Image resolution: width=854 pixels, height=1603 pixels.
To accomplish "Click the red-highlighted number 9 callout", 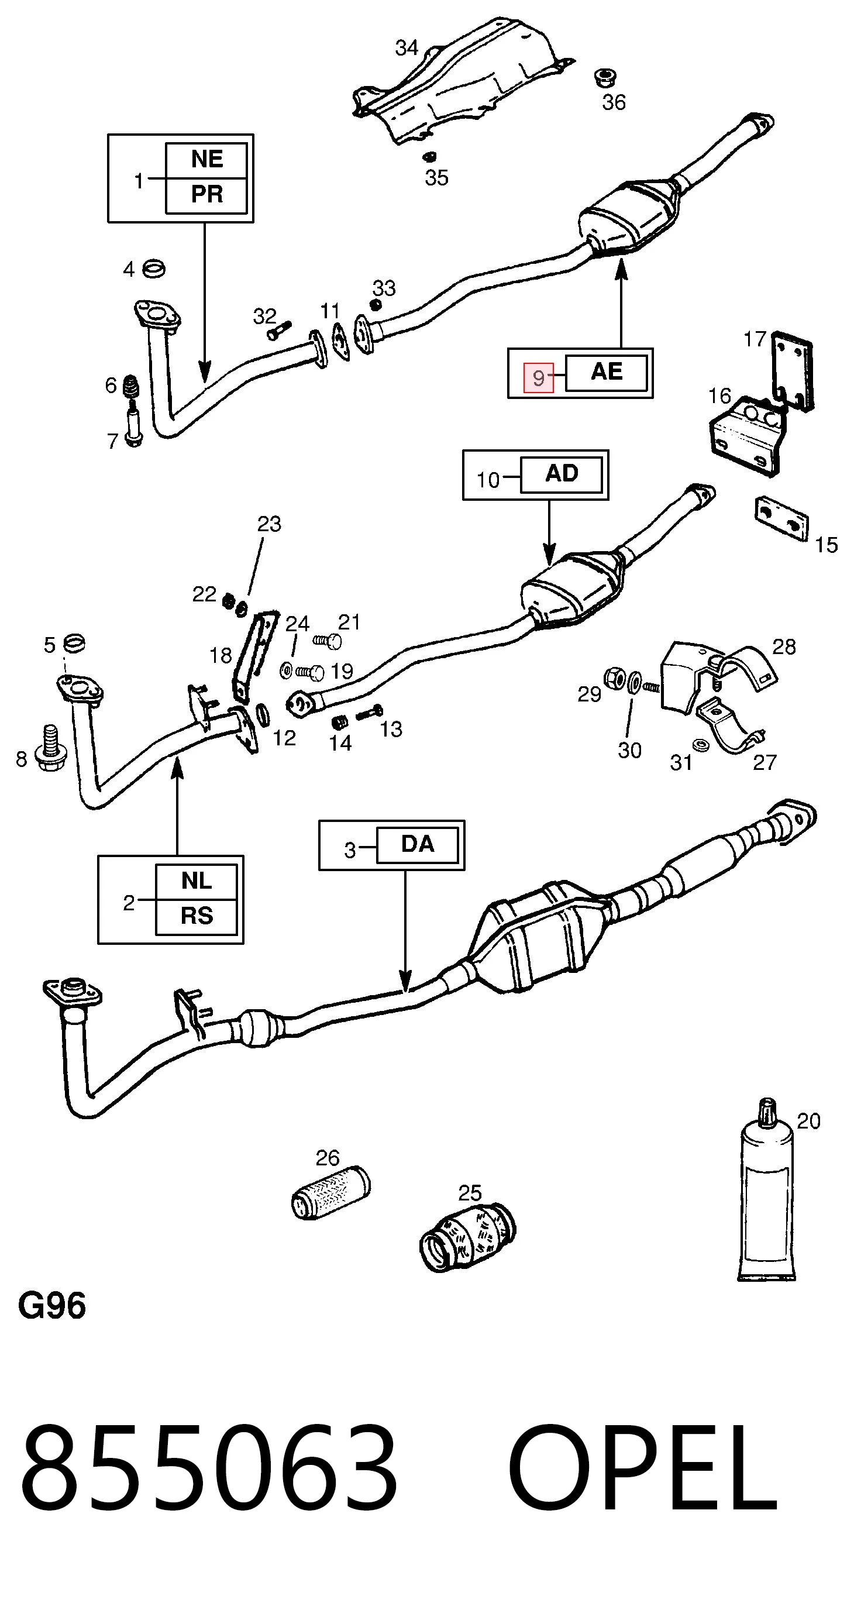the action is coord(538,377).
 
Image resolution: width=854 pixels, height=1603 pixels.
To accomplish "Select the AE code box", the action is coord(607,372).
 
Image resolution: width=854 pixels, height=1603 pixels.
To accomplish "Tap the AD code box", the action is coord(562,474).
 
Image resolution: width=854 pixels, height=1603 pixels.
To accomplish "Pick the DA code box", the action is coord(418,844).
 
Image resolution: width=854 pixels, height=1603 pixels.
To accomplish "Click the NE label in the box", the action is coord(206,159).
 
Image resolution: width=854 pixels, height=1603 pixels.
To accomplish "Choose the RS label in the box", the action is coord(197,916).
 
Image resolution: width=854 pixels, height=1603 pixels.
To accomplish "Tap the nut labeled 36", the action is coord(605,78).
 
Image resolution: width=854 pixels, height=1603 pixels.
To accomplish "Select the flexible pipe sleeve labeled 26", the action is coord(330,1192).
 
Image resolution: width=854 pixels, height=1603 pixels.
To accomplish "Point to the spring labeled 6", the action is coord(131,387).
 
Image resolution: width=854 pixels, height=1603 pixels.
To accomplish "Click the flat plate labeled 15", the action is coord(782,519).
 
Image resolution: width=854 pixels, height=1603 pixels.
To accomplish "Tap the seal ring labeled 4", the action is coord(154,269).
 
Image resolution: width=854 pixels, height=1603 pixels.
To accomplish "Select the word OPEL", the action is coord(643,1468).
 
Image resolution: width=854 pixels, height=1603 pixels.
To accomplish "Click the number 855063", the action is coord(209,1468).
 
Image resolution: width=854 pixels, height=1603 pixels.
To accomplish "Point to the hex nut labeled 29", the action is coord(615,677).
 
